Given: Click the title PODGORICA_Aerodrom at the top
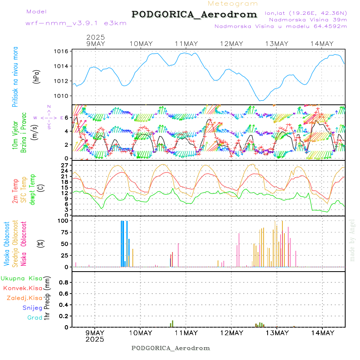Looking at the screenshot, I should tap(194, 14).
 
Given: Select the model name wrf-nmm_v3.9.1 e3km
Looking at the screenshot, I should tap(76, 23).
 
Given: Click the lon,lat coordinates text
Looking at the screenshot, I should tap(306, 13).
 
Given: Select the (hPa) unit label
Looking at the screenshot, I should tap(36, 76).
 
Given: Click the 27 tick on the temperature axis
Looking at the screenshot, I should tap(64, 165).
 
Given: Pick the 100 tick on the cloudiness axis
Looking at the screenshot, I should tap(63, 220).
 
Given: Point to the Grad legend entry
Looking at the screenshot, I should tap(35, 318).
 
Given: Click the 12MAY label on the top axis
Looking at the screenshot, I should tap(231, 44).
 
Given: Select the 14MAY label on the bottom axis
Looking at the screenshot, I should tap(322, 333).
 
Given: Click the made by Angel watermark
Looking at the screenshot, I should tap(352, 240).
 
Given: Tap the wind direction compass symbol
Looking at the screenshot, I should tap(48, 118).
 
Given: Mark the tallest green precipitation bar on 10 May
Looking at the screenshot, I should tap(172, 324).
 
